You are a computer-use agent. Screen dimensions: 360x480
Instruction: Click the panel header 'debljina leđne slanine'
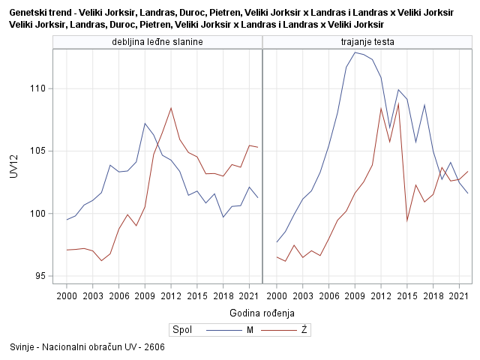pyautogui.click(x=157, y=41)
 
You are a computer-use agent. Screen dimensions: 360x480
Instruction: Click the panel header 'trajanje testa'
pyautogui.click(x=367, y=41)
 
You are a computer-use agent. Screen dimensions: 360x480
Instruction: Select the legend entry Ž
pyautogui.click(x=304, y=330)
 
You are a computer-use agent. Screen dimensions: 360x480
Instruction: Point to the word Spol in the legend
pyautogui.click(x=182, y=330)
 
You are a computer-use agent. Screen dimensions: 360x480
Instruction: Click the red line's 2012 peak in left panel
pyautogui.click(x=171, y=107)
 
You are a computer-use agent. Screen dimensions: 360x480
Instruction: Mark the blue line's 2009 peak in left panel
pyautogui.click(x=145, y=123)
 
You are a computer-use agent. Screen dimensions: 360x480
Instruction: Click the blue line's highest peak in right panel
pyautogui.click(x=355, y=52)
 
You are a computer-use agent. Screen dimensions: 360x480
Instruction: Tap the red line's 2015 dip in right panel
pyautogui.click(x=407, y=221)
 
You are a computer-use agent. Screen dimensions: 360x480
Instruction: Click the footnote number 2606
pyautogui.click(x=154, y=347)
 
